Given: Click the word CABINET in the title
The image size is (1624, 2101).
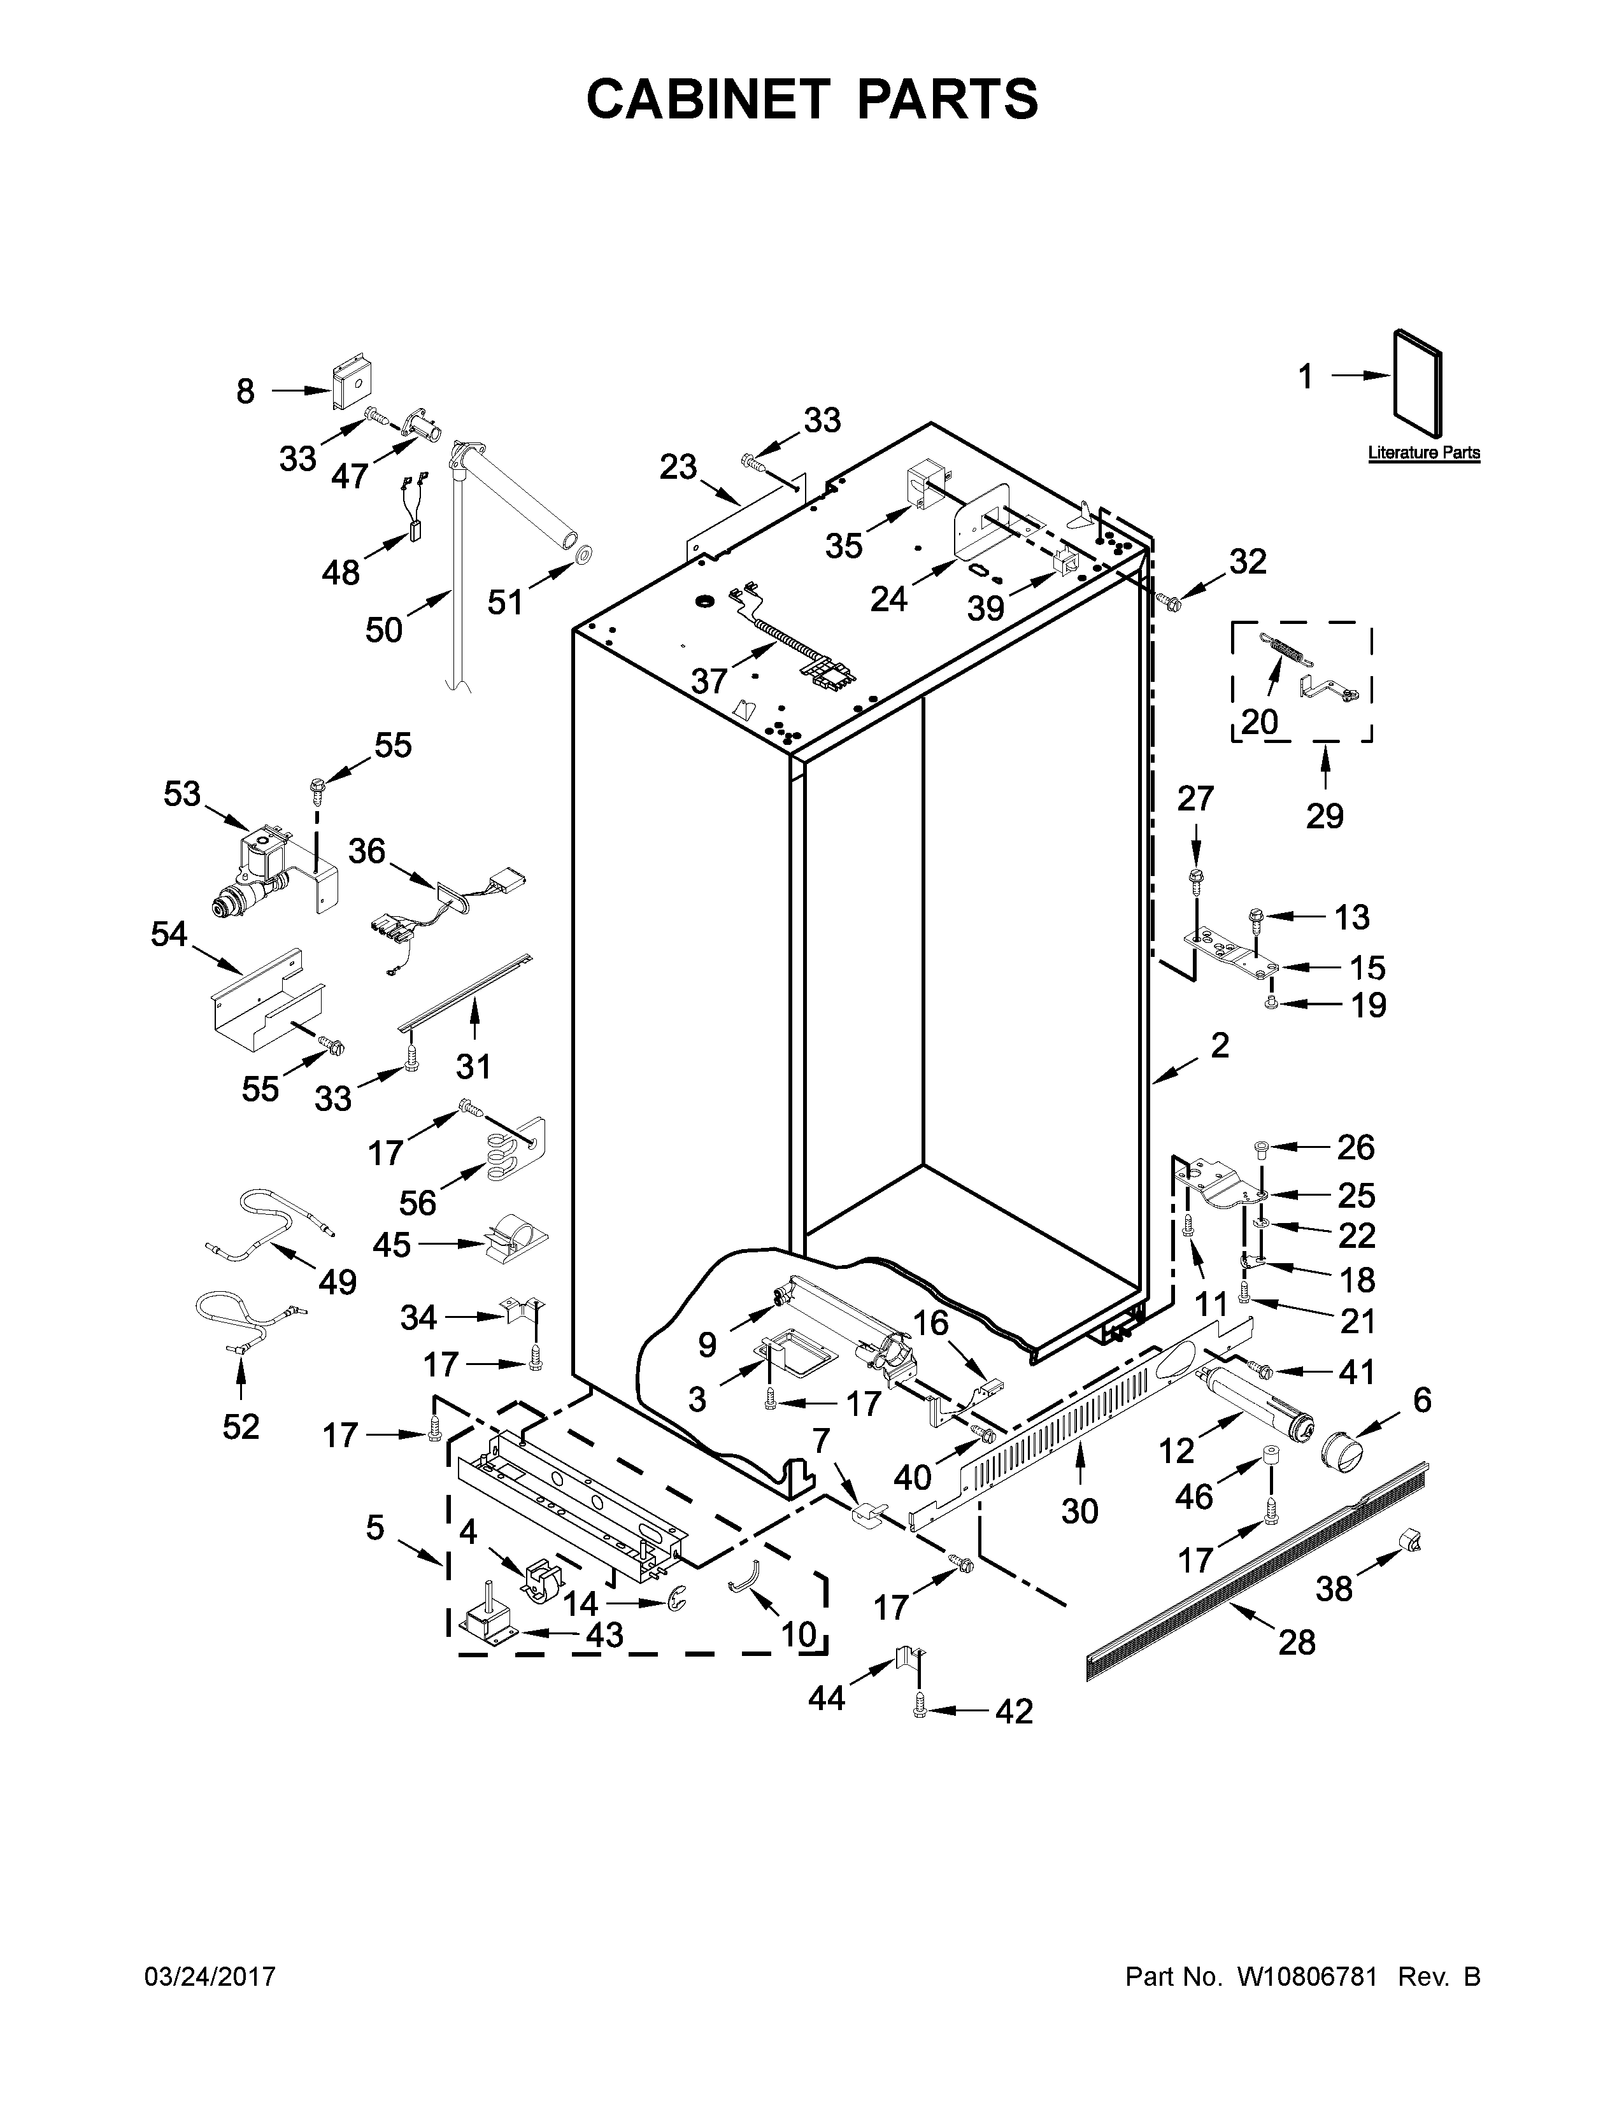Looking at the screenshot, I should point(707,98).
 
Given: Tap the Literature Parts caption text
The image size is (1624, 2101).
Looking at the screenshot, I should point(1424,453).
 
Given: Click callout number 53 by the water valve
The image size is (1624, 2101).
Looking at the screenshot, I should point(182,795).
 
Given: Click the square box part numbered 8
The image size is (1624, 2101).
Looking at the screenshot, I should point(353,385).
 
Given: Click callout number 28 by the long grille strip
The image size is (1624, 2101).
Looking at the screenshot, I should point(1296,1641).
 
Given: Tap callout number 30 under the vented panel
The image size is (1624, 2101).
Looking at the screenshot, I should point(1079,1511).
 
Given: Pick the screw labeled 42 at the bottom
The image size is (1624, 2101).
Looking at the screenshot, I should point(920,1709).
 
